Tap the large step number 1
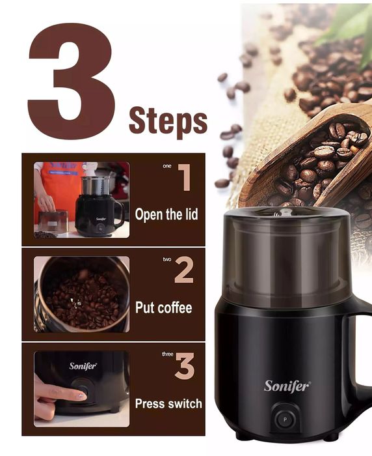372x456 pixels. click(x=185, y=177)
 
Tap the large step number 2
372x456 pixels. click(x=184, y=272)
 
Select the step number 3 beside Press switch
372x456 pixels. click(x=185, y=365)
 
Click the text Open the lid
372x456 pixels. click(x=166, y=214)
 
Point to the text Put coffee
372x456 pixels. click(x=164, y=307)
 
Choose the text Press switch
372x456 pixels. click(x=168, y=404)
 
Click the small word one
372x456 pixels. click(x=167, y=166)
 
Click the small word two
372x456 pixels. click(x=167, y=259)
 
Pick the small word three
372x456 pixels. click(x=168, y=354)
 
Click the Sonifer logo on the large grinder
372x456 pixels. click(x=287, y=386)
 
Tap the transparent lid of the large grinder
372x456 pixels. click(x=287, y=256)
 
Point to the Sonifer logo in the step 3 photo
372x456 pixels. click(x=83, y=366)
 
